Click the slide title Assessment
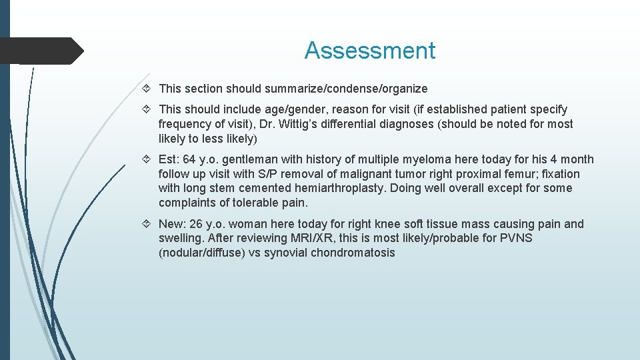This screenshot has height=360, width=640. [x=369, y=51]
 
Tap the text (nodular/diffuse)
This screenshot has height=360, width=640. [x=201, y=253]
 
